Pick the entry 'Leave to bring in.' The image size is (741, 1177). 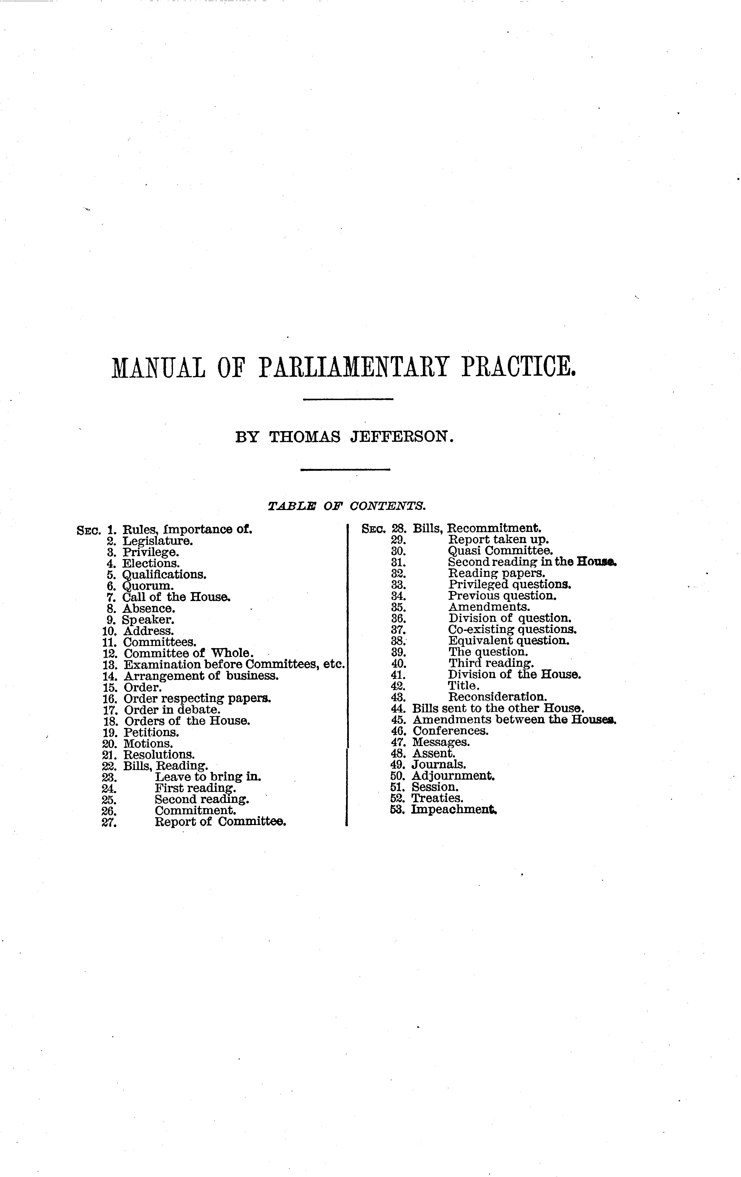(x=208, y=777)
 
